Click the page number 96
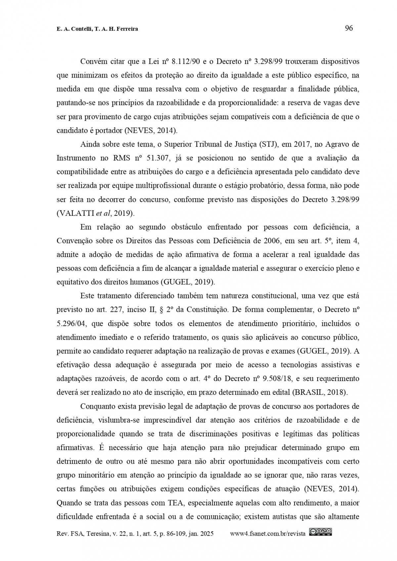click(349, 28)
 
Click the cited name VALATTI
click(75, 213)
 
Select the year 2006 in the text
click(272, 241)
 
